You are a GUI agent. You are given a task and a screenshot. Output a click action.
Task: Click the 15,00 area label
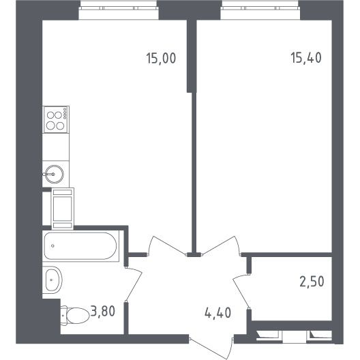pyautogui.click(x=161, y=59)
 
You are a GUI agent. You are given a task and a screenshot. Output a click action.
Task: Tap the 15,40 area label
pyautogui.click(x=306, y=58)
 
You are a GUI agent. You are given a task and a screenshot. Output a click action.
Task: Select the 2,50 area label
pyautogui.click(x=312, y=282)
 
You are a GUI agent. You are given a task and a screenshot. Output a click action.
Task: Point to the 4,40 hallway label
pyautogui.click(x=217, y=312)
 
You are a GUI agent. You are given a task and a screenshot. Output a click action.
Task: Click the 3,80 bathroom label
pyautogui.click(x=103, y=312)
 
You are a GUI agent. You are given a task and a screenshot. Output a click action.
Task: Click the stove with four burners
pyautogui.click(x=56, y=119)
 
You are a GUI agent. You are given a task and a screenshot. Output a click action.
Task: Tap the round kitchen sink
pyautogui.click(x=54, y=175)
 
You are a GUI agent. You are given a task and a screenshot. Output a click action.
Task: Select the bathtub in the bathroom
pyautogui.click(x=80, y=246)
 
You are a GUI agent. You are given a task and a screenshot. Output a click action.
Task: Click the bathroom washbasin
pyautogui.click(x=52, y=280)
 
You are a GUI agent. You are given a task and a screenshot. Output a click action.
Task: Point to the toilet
pyautogui.click(x=75, y=316)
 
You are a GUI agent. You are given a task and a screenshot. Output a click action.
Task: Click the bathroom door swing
pyautogui.click(x=134, y=284)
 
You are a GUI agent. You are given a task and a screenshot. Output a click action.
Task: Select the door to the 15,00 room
pyautogui.click(x=167, y=246)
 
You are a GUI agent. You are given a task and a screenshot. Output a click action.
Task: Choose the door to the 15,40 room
pyautogui.click(x=222, y=246)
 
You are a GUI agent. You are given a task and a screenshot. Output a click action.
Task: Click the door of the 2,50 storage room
pyautogui.click(x=241, y=290)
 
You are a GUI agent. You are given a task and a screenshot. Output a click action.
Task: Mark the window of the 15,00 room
pyautogui.click(x=119, y=8)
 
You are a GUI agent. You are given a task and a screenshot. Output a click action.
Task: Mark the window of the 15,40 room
pyautogui.click(x=260, y=8)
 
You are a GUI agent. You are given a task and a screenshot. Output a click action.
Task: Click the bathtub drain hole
pyautogui.click(x=52, y=246)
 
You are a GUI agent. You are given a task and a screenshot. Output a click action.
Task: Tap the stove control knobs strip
pyautogui.click(x=65, y=114)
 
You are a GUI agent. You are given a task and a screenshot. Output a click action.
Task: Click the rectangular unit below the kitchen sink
pyautogui.click(x=63, y=209)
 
